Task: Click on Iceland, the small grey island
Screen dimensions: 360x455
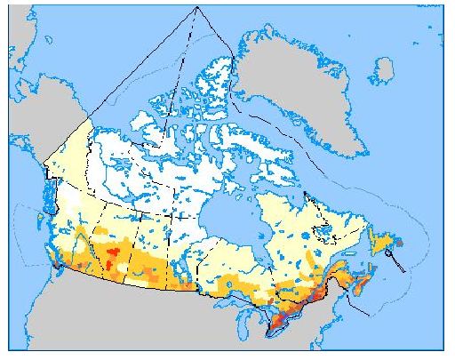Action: coord(383,68)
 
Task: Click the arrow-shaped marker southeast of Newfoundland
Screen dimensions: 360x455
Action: coord(398,264)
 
